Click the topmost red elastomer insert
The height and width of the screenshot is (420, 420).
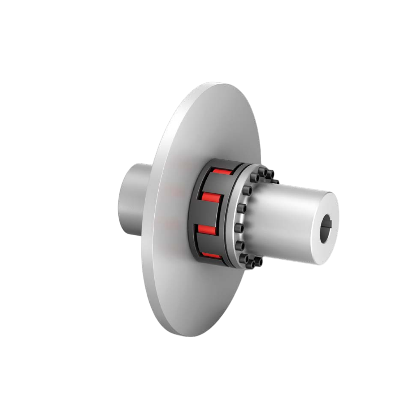222,171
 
